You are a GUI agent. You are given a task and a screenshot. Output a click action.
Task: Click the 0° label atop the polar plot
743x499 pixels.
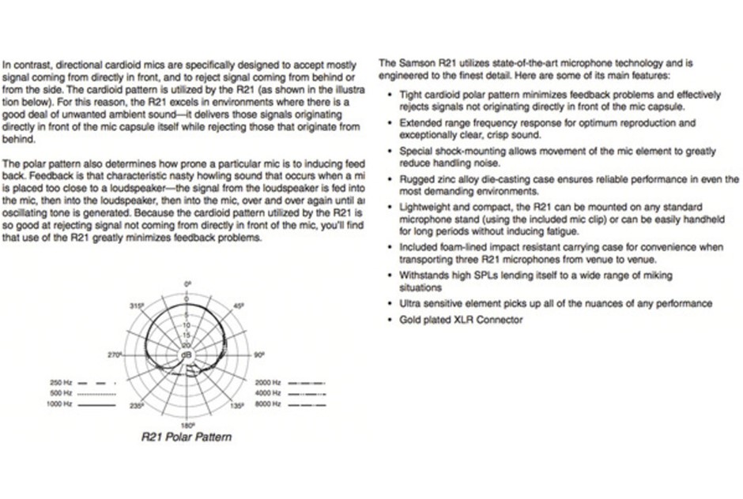(188, 283)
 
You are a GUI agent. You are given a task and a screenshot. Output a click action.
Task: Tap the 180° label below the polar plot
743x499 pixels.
(188, 425)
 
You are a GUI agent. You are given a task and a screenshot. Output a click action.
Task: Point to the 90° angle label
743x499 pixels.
(258, 355)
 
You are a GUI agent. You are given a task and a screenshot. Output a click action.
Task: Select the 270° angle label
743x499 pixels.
(114, 355)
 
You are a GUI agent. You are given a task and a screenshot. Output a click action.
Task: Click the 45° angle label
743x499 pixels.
(239, 306)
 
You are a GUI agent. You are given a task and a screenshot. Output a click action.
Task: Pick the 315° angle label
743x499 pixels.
(135, 306)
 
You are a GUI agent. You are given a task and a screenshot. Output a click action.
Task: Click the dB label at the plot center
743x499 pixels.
(187, 355)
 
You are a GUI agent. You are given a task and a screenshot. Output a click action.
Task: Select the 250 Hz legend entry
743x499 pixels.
(61, 382)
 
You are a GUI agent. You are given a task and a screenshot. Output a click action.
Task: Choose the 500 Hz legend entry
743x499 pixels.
(61, 392)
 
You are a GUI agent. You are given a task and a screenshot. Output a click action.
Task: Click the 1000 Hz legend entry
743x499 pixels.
(59, 403)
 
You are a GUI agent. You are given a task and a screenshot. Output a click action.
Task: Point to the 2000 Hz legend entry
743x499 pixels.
(267, 382)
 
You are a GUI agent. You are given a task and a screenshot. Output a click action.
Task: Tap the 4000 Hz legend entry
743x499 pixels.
(267, 392)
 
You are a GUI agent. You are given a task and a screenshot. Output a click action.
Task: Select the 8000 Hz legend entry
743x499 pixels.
(267, 403)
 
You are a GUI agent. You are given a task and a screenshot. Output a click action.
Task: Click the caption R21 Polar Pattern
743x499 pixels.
(187, 437)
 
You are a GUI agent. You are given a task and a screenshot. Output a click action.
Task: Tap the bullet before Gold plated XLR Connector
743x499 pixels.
(389, 320)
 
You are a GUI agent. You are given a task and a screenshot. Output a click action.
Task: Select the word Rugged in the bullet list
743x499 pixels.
(416, 180)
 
